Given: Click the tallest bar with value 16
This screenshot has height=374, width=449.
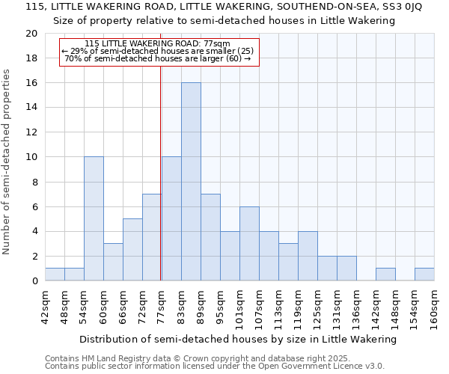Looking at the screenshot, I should pyautogui.click(x=191, y=182).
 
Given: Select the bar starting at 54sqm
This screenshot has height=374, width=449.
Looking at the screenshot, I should pyautogui.click(x=94, y=218).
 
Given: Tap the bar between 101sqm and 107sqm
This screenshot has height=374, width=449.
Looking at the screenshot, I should pyautogui.click(x=249, y=244).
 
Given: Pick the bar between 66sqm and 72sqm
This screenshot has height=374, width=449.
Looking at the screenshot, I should pyautogui.click(x=132, y=250).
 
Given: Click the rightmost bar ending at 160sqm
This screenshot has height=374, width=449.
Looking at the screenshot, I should pyautogui.click(x=424, y=275).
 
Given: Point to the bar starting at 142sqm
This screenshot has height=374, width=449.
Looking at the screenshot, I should pyautogui.click(x=385, y=275).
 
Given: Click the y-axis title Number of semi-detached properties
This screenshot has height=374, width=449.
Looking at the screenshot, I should pyautogui.click(x=7, y=162).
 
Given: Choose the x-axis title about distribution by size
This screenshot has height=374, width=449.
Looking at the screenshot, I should pyautogui.click(x=237, y=340).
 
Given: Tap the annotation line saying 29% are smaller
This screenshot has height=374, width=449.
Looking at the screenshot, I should pyautogui.click(x=158, y=51).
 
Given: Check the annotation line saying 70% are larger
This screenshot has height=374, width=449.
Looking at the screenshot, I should pyautogui.click(x=158, y=58).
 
